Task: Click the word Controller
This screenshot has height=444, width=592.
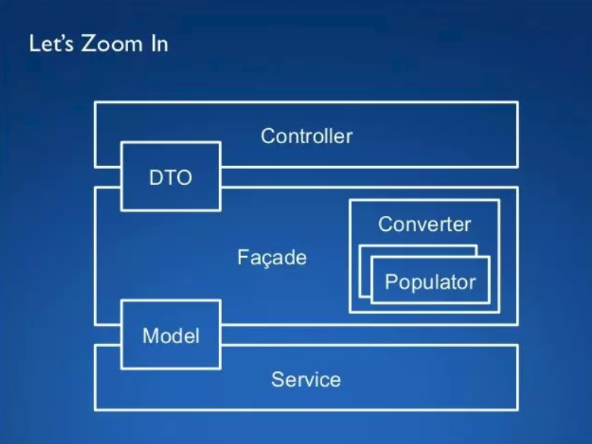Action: [306, 136]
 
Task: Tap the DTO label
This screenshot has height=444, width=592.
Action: [171, 179]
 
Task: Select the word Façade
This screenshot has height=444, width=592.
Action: [271, 258]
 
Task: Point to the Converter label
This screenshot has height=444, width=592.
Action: [424, 224]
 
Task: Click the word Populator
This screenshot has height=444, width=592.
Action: [430, 282]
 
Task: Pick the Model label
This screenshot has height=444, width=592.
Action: [171, 336]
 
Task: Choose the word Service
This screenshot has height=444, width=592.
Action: [305, 379]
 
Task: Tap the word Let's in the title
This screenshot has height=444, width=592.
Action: [49, 43]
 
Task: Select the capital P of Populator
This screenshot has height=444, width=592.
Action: [391, 282]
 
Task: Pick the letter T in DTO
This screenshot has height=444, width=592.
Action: [171, 179]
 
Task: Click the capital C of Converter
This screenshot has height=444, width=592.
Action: [384, 224]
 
